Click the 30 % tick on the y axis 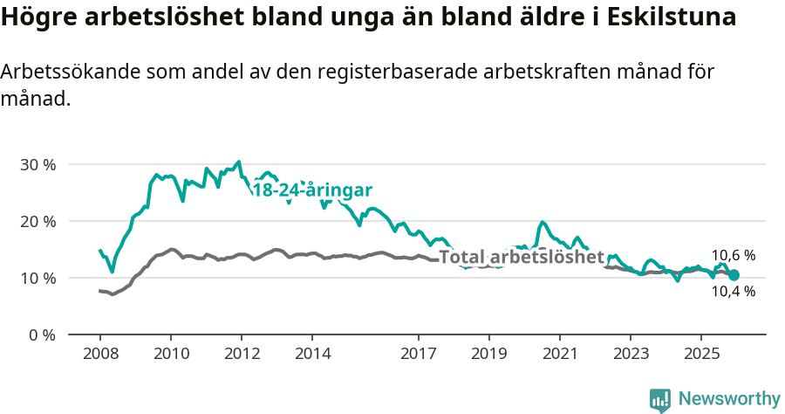(37, 165)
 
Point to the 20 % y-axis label (37, 222)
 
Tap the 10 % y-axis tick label (37, 279)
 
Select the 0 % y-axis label (40, 335)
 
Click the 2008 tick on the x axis (100, 354)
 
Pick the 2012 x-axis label (242, 354)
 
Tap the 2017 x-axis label (419, 354)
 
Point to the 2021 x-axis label (560, 354)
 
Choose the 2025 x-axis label (701, 354)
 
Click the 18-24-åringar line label (312, 190)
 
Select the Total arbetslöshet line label (522, 257)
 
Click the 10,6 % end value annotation (734, 256)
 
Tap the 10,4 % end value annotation (734, 292)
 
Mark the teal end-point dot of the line (734, 275)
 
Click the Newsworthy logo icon (659, 400)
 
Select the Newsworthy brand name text (729, 399)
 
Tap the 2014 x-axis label (312, 354)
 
